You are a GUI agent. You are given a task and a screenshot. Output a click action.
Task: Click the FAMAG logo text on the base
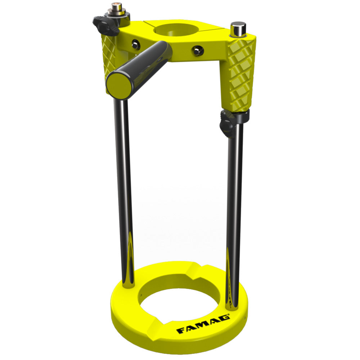click(203, 324)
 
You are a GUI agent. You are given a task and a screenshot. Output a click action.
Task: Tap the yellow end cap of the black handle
click(119, 84)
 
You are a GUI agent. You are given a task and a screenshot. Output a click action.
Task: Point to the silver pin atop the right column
click(238, 29)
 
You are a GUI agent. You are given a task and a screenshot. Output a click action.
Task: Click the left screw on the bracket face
click(136, 44)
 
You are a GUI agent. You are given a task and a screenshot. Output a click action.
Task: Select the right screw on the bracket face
click(198, 50)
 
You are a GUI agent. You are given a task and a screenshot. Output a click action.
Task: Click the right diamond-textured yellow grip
click(240, 75)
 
